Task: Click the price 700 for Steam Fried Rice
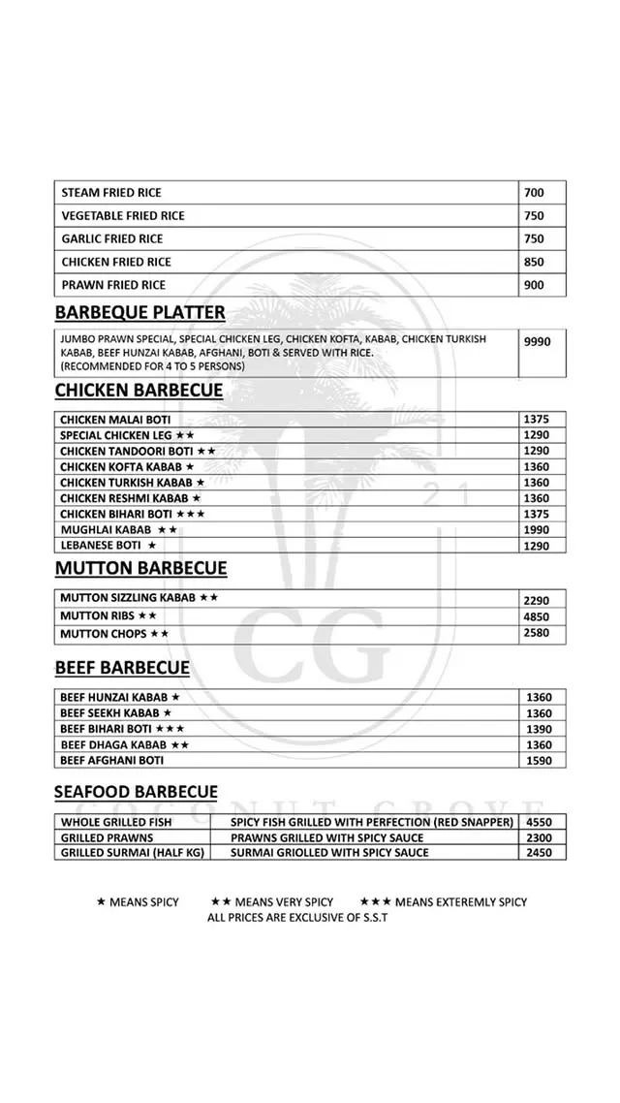click(x=534, y=193)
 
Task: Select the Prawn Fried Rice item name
click(x=113, y=285)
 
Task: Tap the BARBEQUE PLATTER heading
click(x=140, y=312)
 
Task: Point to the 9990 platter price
click(x=537, y=342)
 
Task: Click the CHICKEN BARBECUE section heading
click(x=139, y=391)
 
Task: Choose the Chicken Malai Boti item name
click(x=115, y=420)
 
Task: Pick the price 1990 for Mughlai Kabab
click(x=536, y=530)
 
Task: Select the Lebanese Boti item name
click(x=102, y=546)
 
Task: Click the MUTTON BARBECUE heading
click(x=140, y=568)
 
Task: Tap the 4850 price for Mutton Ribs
click(x=536, y=616)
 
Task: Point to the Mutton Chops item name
click(x=104, y=634)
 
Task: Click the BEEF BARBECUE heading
click(x=122, y=668)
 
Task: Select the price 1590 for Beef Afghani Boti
click(x=539, y=761)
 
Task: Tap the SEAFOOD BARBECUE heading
click(x=136, y=793)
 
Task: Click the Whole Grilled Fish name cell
click(x=116, y=823)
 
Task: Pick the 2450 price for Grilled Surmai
click(x=539, y=853)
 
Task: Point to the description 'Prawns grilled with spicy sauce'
click(x=327, y=837)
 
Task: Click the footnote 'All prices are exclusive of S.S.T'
click(x=297, y=917)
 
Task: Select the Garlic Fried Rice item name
click(x=112, y=238)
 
